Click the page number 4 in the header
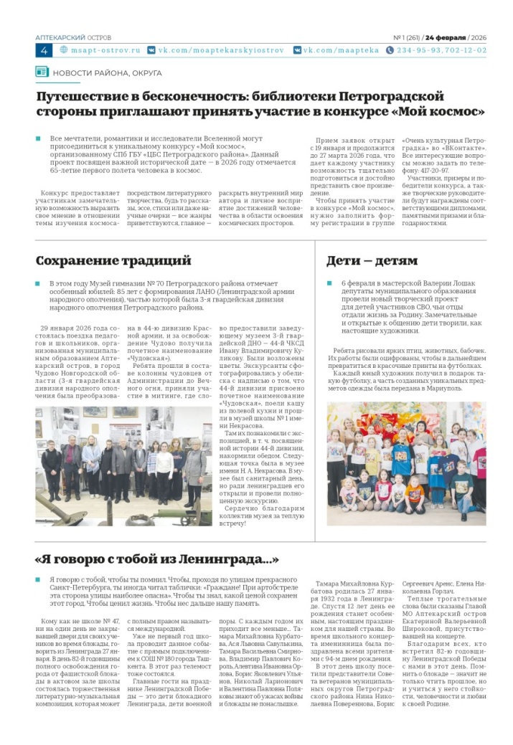pyautogui.click(x=44, y=51)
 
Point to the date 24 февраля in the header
pyautogui.click(x=446, y=37)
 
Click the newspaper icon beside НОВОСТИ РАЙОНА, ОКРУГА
pyautogui.click(x=42, y=72)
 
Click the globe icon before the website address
pyautogui.click(x=64, y=51)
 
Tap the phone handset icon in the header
pyautogui.click(x=390, y=51)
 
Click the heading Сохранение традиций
pyautogui.click(x=113, y=260)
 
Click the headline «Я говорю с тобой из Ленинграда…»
pyautogui.click(x=156, y=559)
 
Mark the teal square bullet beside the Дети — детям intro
pyautogui.click(x=329, y=284)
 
